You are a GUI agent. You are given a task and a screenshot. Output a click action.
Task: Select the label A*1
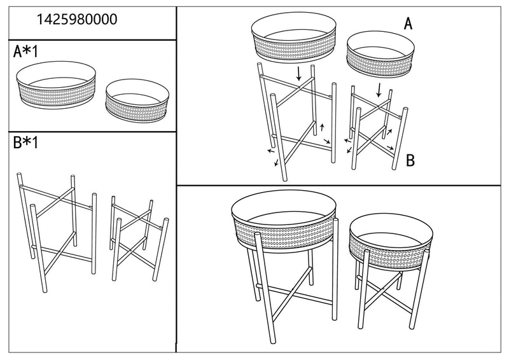click(27, 52)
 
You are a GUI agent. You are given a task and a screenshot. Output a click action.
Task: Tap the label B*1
click(27, 142)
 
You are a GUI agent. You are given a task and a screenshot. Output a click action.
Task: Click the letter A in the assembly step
click(408, 24)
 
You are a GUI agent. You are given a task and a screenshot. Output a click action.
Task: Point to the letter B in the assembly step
click(410, 160)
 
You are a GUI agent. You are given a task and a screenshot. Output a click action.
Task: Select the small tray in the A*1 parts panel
click(137, 99)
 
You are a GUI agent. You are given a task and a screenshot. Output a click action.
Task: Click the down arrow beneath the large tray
click(299, 73)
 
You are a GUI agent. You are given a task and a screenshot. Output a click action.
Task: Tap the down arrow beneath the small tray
click(380, 87)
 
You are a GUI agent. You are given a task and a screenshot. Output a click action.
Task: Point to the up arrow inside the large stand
click(321, 125)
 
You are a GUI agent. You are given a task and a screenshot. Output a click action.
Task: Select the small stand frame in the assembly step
click(377, 130)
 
